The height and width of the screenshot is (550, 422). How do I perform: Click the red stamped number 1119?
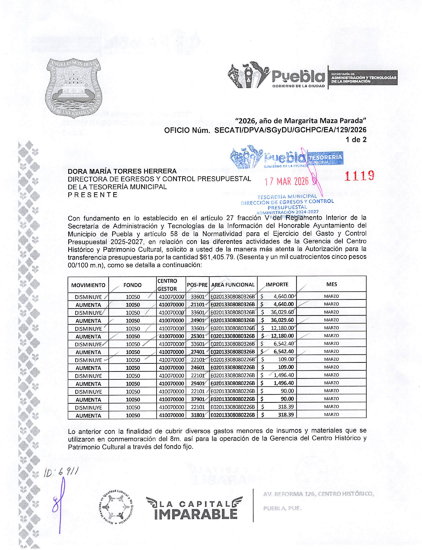(x=359, y=176)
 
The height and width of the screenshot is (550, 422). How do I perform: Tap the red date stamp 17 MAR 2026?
(x=286, y=182)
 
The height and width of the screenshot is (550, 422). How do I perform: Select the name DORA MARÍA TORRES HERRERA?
(x=122, y=171)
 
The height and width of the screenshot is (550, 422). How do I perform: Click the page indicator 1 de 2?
(x=356, y=140)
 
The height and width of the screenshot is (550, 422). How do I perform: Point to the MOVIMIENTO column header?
(x=88, y=285)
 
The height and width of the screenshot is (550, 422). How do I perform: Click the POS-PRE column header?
(x=197, y=285)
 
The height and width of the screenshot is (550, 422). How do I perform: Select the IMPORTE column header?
(x=277, y=284)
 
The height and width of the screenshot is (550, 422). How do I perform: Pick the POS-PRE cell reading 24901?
(x=198, y=320)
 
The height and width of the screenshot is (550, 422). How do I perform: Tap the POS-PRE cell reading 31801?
(x=198, y=415)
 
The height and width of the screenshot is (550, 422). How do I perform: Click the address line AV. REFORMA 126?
(x=318, y=494)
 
